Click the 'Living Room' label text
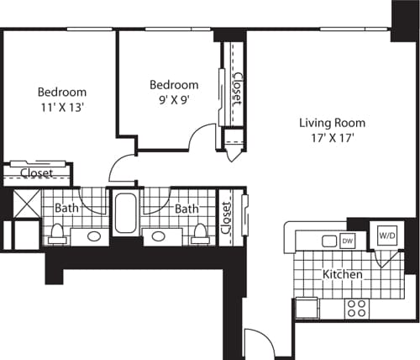[333, 123]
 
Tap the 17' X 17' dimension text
[333, 139]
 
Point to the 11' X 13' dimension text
[61, 107]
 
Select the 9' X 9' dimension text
[174, 100]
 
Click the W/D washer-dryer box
[386, 235]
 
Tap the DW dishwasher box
[348, 241]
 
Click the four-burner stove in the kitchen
[355, 308]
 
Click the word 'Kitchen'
[343, 275]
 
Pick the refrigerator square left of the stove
[307, 309]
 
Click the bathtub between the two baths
[126, 214]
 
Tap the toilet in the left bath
[57, 232]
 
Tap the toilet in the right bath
[200, 232]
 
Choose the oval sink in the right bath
[157, 236]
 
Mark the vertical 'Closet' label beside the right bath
[225, 217]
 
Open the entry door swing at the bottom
[256, 343]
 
